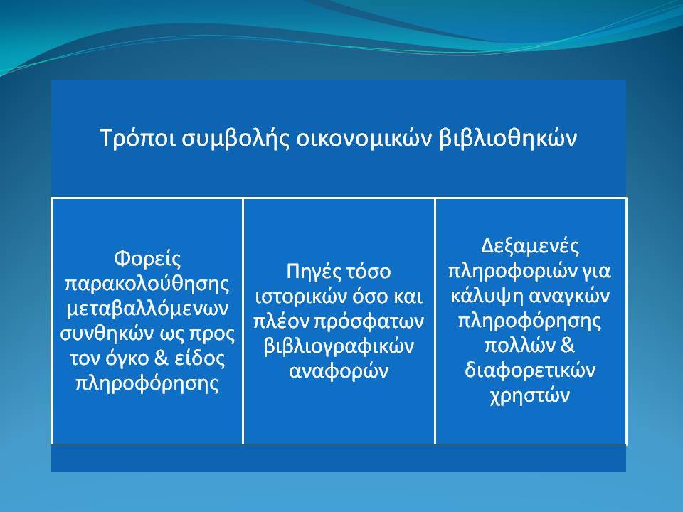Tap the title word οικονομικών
point(364,139)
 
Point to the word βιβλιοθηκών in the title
point(507,139)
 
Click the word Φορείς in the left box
point(147,260)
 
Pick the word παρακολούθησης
point(147,284)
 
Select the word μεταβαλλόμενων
point(147,309)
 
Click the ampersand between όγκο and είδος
point(162,358)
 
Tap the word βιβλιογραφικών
point(339,347)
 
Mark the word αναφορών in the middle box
point(339,371)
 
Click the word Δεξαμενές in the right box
point(530,247)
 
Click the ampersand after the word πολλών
point(568,346)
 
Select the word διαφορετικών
point(530,371)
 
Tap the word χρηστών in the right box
point(530,396)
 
